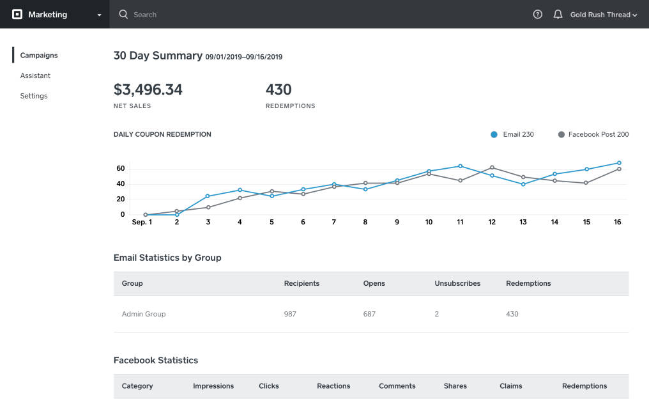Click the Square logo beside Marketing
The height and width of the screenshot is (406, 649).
17,14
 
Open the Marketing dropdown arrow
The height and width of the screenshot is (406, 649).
99,15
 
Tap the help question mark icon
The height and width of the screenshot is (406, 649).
538,14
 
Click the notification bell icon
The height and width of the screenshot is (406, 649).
558,14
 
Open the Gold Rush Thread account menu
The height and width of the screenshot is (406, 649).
604,15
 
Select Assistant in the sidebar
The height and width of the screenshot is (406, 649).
35,75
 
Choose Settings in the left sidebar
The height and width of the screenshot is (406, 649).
34,96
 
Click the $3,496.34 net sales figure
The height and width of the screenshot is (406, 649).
148,90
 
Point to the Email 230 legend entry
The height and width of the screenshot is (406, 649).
512,134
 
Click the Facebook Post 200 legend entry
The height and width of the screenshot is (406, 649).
593,134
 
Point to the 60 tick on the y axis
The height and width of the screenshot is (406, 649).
120,169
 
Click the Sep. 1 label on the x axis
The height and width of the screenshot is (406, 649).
142,222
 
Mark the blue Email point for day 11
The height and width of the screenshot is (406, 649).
460,166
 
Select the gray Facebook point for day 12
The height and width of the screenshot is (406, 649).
492,168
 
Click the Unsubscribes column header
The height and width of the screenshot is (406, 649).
457,283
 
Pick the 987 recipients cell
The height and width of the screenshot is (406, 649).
290,314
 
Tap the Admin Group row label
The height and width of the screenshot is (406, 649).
144,314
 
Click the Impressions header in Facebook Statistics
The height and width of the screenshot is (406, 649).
213,386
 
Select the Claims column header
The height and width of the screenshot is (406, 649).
510,386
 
